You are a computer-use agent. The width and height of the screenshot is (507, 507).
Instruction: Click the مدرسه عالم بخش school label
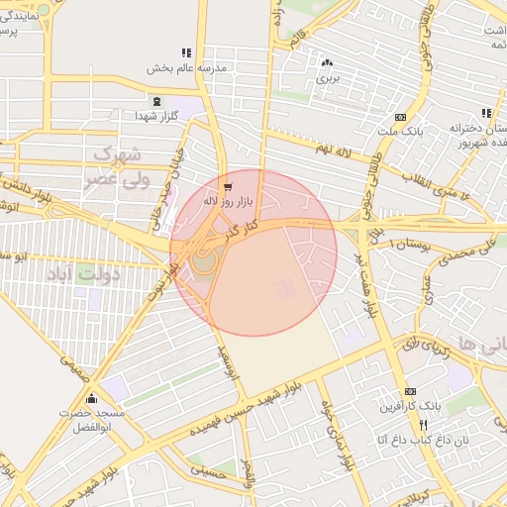[x=187, y=68]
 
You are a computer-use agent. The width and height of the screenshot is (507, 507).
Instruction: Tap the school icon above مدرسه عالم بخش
[x=185, y=52]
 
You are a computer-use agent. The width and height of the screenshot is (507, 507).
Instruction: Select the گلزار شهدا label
[x=156, y=116]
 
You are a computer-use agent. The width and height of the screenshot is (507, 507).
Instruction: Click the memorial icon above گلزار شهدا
[x=155, y=100]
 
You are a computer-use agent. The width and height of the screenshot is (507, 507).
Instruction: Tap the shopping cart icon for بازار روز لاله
[x=229, y=186]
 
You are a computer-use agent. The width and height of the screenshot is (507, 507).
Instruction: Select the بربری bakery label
[x=328, y=76]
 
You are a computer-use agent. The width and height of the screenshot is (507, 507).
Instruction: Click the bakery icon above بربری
[x=326, y=61]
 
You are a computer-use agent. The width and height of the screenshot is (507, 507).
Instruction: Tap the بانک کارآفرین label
[x=410, y=406]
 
